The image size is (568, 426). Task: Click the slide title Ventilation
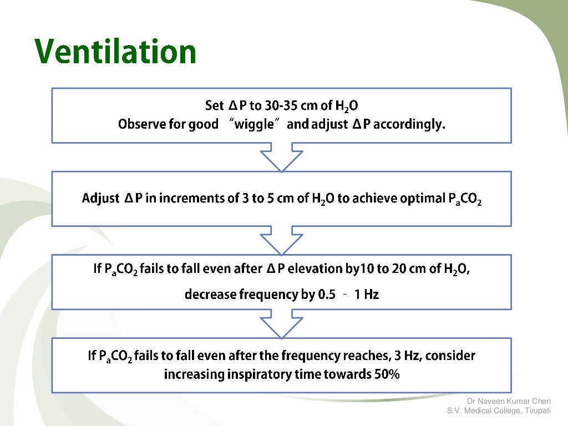(115, 52)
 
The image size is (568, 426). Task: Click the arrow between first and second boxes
(281, 157)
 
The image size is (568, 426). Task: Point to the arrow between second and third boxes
(281, 240)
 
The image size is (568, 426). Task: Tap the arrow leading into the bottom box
(281, 323)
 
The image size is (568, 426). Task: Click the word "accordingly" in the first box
(412, 124)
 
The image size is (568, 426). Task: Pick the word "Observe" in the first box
(141, 124)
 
